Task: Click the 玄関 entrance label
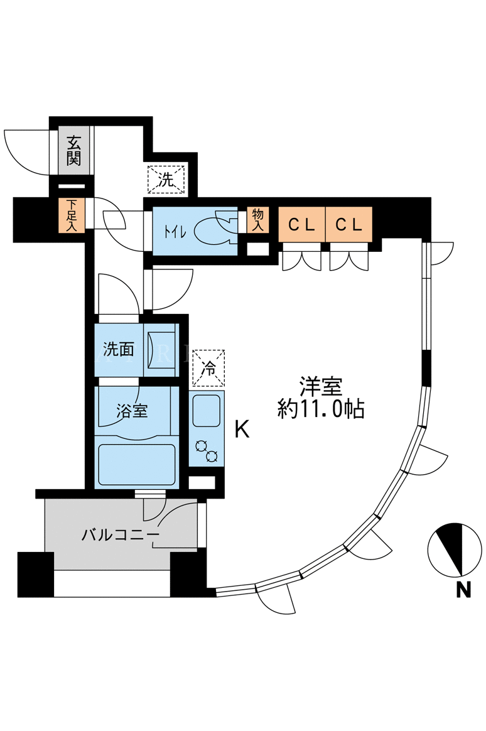pos(74,150)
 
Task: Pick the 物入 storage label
pos(257,219)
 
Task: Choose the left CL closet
pos(301,224)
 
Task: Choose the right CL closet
pos(348,224)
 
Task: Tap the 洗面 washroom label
pos(118,349)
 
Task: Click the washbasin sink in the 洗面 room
pos(161,349)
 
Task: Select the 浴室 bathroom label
pos(132,411)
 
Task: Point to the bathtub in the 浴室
pos(138,464)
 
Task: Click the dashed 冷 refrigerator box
pos(208,368)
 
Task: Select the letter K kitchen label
pos(242,430)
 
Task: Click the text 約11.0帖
pos(321,409)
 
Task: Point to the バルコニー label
pos(120,535)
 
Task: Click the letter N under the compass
pos(463,591)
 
